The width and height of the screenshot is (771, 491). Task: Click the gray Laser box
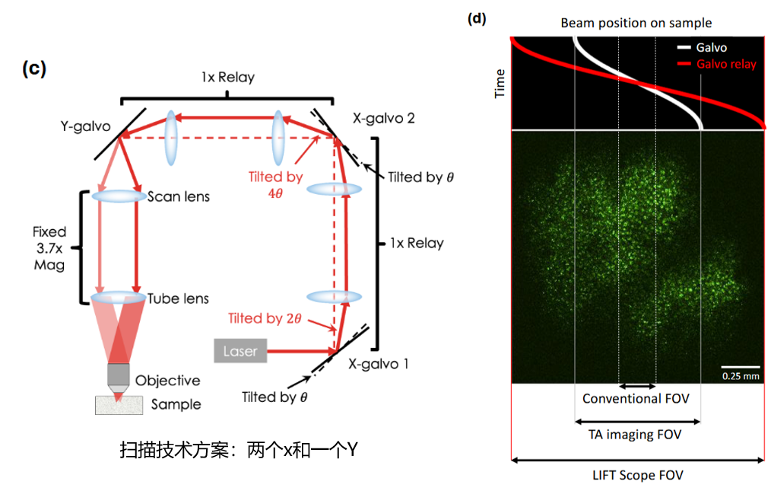240,352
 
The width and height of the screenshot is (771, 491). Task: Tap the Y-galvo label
86,126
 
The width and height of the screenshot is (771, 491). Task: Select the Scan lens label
179,196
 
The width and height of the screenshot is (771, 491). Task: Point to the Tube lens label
179,298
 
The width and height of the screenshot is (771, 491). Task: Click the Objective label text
167,381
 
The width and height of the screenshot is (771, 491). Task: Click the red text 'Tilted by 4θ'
275,183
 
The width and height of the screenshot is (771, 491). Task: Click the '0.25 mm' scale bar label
739,375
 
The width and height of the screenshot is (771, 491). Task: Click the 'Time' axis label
500,83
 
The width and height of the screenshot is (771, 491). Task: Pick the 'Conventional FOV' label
636,399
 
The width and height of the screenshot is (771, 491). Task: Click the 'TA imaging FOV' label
635,435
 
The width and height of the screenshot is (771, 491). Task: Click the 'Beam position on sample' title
636,23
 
